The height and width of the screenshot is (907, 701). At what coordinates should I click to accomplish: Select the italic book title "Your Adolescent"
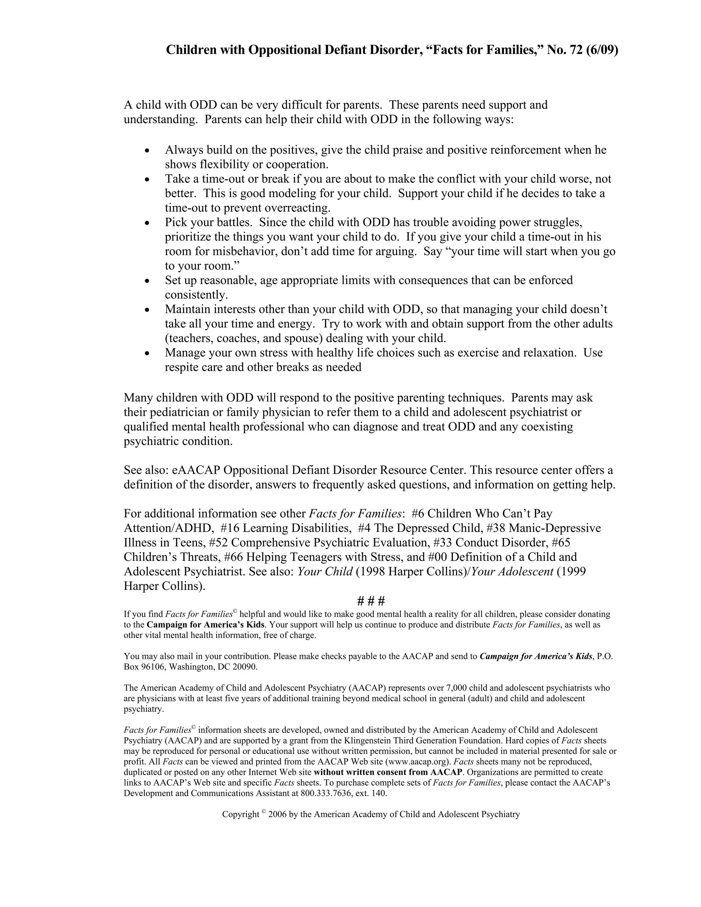point(512,572)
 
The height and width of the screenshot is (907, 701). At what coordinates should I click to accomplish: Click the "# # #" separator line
point(371,601)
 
